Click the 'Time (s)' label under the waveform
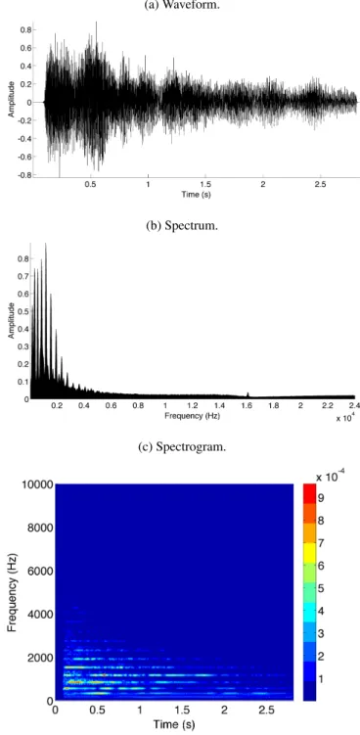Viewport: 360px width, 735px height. (196, 195)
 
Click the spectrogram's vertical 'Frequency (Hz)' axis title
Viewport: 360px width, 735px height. (13, 592)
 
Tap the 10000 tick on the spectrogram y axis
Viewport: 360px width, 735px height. (36, 484)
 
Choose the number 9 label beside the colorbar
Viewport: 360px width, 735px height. (321, 498)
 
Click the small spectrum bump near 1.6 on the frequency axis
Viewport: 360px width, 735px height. (247, 394)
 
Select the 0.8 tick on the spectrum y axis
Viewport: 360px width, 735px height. (24, 258)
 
